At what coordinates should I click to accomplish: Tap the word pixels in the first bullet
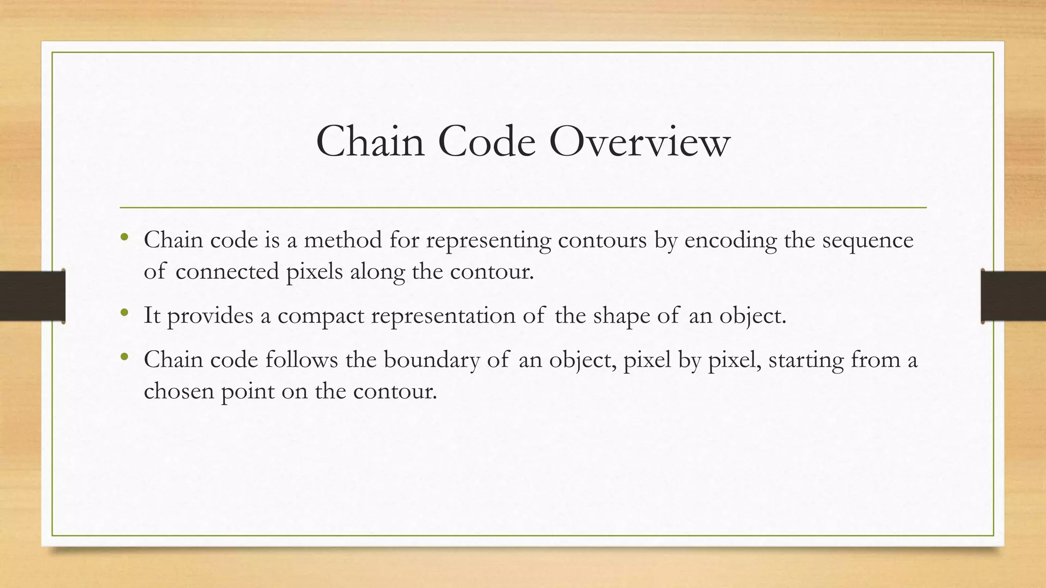[314, 272]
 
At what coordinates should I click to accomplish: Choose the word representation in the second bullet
[443, 316]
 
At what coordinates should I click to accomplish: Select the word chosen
[178, 391]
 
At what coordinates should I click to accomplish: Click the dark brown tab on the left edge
[32, 296]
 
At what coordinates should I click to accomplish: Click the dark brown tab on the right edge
[1013, 296]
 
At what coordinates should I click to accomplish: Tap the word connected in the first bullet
[227, 272]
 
